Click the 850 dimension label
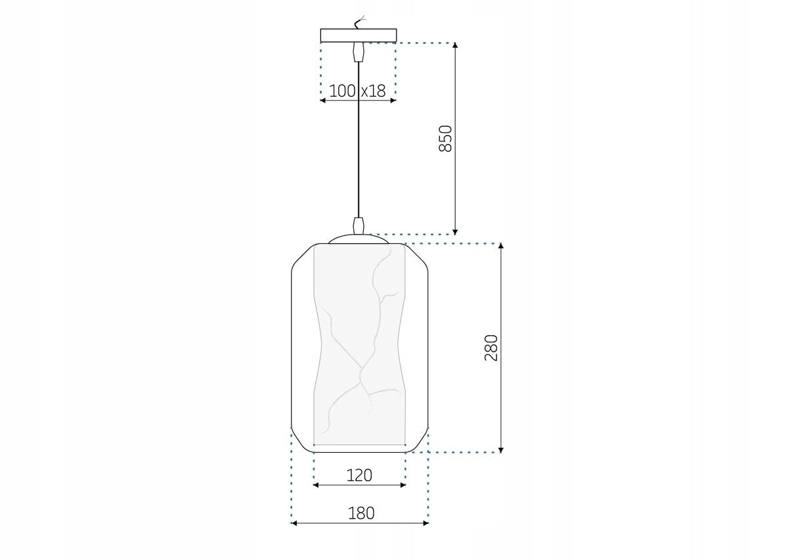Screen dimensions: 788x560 pos(445,139)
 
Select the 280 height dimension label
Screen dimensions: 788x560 pos(491,348)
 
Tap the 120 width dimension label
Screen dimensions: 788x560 pos(359,475)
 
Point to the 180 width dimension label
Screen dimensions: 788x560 pos(361,513)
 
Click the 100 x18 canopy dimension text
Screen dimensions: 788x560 pos(357,91)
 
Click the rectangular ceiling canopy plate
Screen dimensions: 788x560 pos(359,35)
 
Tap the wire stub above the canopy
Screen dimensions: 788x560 pos(360,22)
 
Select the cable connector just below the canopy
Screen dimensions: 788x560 pos(358,52)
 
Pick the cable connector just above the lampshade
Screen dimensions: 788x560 pos(358,225)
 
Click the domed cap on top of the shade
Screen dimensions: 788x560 pos(359,239)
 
